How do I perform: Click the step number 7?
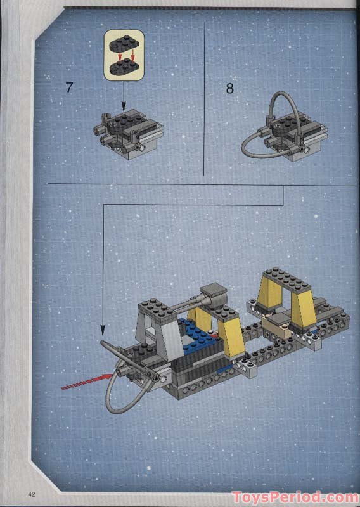coord(69,87)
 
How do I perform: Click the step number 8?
coord(229,89)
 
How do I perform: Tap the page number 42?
coord(30,494)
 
